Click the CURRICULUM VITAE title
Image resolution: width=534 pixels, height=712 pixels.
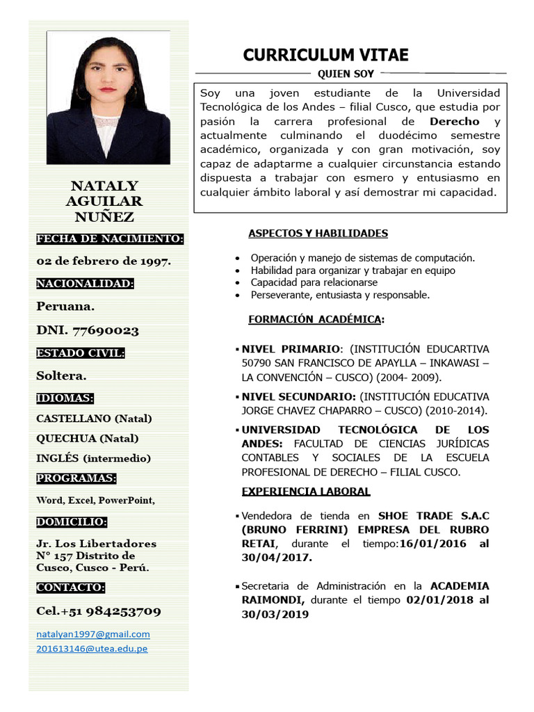click(x=325, y=55)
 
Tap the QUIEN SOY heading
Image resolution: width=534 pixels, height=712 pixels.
click(x=346, y=74)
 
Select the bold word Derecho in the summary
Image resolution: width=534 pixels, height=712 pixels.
click(x=455, y=121)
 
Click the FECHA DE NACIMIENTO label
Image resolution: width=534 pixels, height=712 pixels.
click(x=110, y=239)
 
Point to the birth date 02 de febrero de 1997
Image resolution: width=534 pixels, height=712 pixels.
click(x=104, y=261)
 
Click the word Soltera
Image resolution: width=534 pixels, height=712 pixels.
click(x=61, y=375)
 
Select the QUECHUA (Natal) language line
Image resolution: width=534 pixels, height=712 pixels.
click(x=87, y=438)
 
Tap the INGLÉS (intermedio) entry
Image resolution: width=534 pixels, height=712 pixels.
click(x=93, y=458)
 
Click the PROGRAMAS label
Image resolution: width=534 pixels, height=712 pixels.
click(x=76, y=478)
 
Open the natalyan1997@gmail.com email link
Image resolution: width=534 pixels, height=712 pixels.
click(x=93, y=634)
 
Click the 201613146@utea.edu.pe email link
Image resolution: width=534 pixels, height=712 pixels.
click(x=92, y=649)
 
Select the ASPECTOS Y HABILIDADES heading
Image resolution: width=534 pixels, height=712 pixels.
click(x=318, y=234)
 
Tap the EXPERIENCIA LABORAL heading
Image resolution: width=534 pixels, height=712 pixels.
click(x=306, y=492)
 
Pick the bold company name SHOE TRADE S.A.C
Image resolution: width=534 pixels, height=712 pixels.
click(x=433, y=516)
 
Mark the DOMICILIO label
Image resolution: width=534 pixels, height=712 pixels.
click(x=72, y=522)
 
